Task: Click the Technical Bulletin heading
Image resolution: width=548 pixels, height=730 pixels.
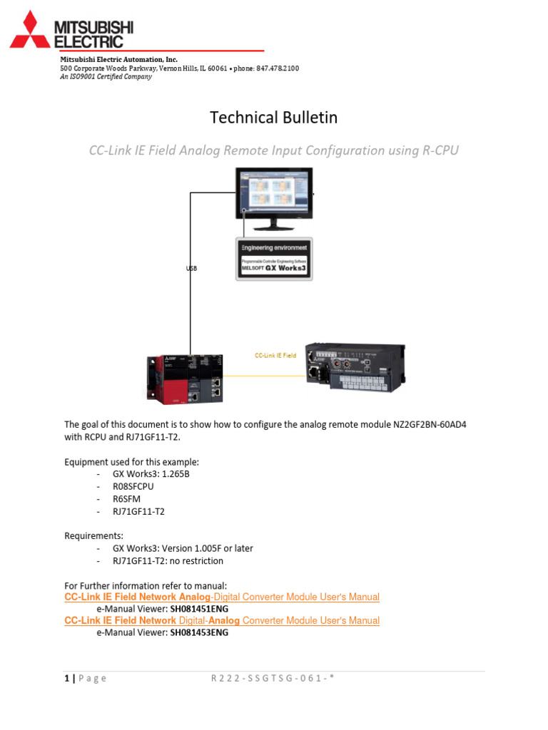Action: pos(273,118)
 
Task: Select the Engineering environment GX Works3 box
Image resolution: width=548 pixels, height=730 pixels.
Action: pos(274,259)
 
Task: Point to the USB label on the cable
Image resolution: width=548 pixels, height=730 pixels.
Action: pos(191,269)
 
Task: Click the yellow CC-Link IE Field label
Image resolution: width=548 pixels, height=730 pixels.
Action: pos(275,355)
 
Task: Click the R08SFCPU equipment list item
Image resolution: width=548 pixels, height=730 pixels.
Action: pos(133,485)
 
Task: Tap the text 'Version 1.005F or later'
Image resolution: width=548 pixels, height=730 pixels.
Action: pos(206,548)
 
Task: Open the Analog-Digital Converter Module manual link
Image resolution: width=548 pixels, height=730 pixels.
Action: pos(222,597)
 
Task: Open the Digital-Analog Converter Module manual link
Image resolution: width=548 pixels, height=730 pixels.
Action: pos(222,621)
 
